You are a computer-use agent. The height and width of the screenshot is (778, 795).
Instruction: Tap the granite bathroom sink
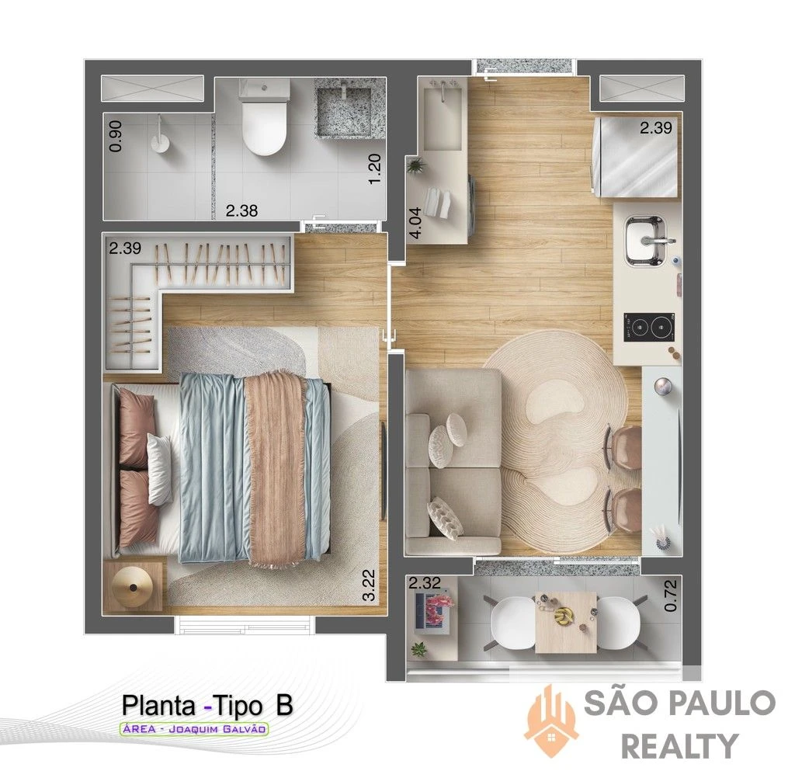345,107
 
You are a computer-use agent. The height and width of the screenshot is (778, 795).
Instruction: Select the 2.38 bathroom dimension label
242,210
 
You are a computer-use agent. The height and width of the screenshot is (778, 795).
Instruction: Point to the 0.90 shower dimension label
116,136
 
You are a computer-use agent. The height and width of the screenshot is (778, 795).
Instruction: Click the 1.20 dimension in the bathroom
374,169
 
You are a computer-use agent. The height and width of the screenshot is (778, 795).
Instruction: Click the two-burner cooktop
650,327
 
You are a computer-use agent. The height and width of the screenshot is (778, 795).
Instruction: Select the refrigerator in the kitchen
636,157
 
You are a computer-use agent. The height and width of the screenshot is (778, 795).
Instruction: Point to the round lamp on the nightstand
133,586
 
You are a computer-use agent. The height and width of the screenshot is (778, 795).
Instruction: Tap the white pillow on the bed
160,468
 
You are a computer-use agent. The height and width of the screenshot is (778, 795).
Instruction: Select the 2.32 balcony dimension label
425,583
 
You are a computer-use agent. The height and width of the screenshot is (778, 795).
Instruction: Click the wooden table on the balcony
566,622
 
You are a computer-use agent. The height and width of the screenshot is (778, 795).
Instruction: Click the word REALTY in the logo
679,746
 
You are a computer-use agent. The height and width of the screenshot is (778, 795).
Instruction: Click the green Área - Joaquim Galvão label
193,729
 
